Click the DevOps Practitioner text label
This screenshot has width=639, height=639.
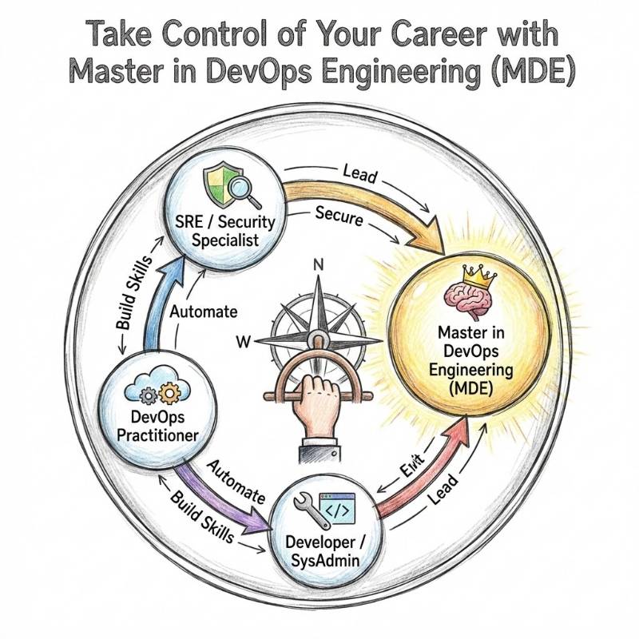point(157,425)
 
